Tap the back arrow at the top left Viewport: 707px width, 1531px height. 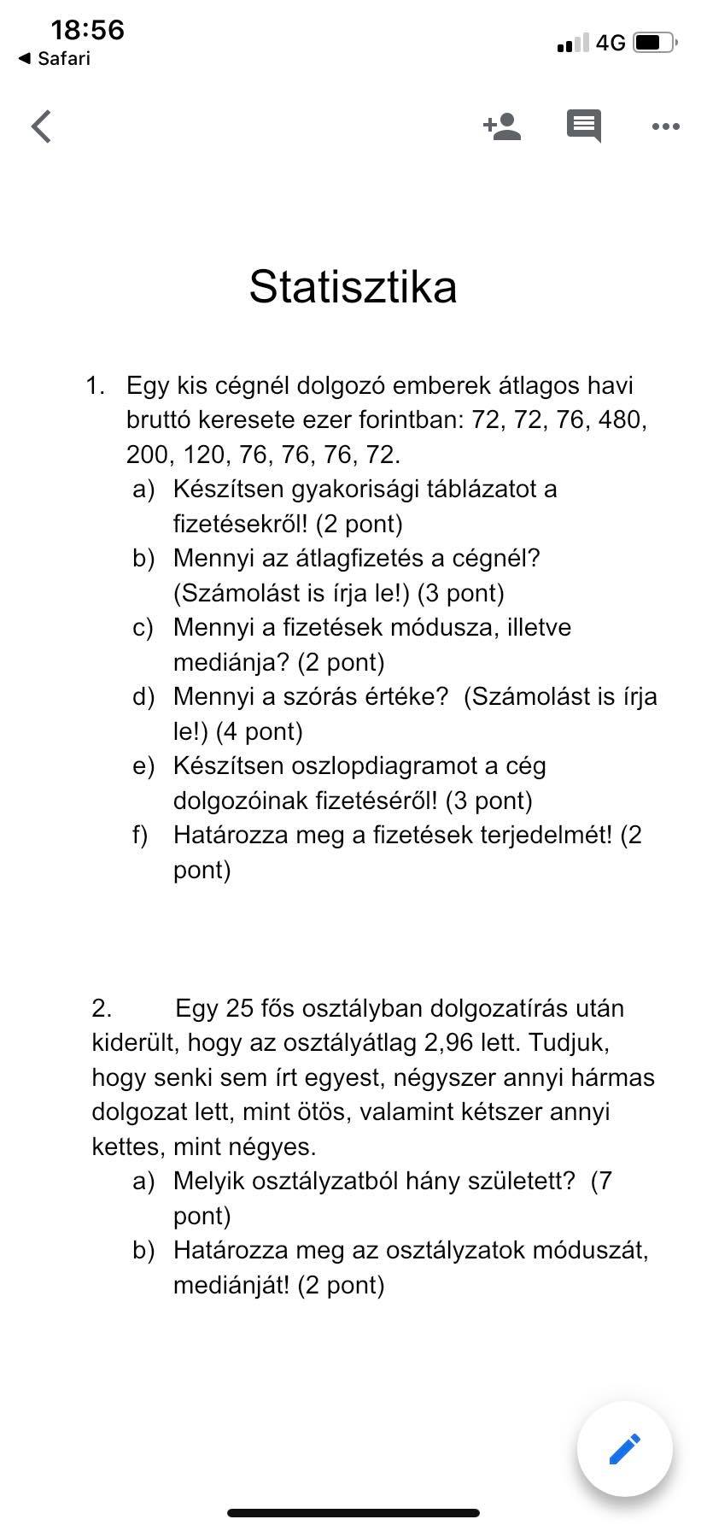(x=41, y=126)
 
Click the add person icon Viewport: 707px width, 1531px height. (x=502, y=126)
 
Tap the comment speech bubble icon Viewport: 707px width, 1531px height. (x=584, y=126)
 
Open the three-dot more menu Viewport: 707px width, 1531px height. (x=665, y=126)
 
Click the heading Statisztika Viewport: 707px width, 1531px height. (x=353, y=286)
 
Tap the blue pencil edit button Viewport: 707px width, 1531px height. (x=624, y=1449)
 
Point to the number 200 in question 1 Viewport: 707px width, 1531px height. (x=149, y=455)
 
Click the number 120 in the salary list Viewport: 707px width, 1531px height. (x=205, y=455)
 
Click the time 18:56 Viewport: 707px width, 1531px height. (x=87, y=31)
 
